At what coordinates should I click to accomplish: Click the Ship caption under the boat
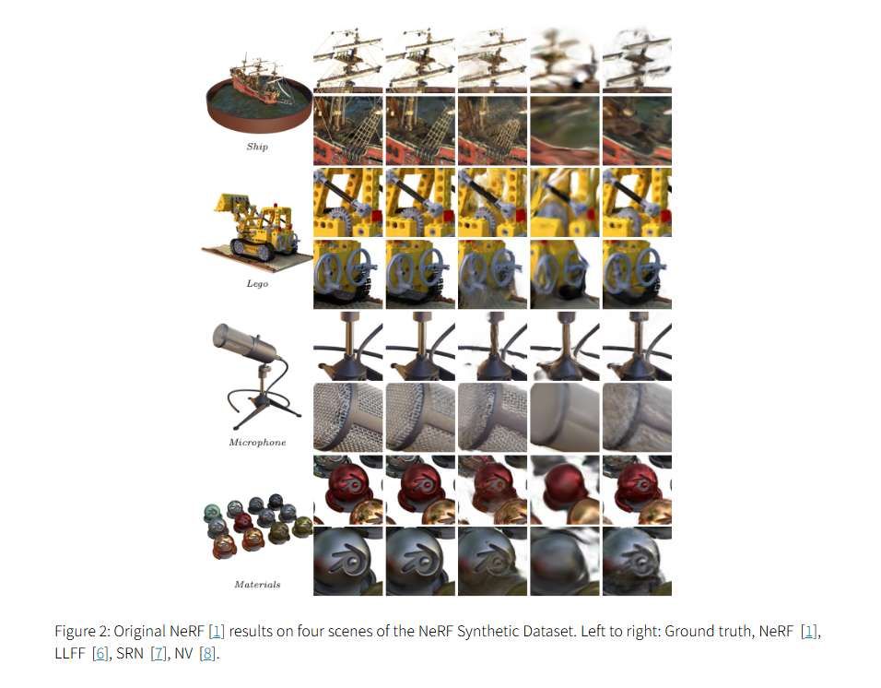(257, 147)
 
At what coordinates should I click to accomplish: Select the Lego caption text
(257, 283)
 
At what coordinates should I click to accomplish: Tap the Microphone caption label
(257, 443)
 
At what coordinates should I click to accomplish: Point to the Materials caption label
(257, 584)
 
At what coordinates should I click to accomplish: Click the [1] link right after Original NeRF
(217, 632)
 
